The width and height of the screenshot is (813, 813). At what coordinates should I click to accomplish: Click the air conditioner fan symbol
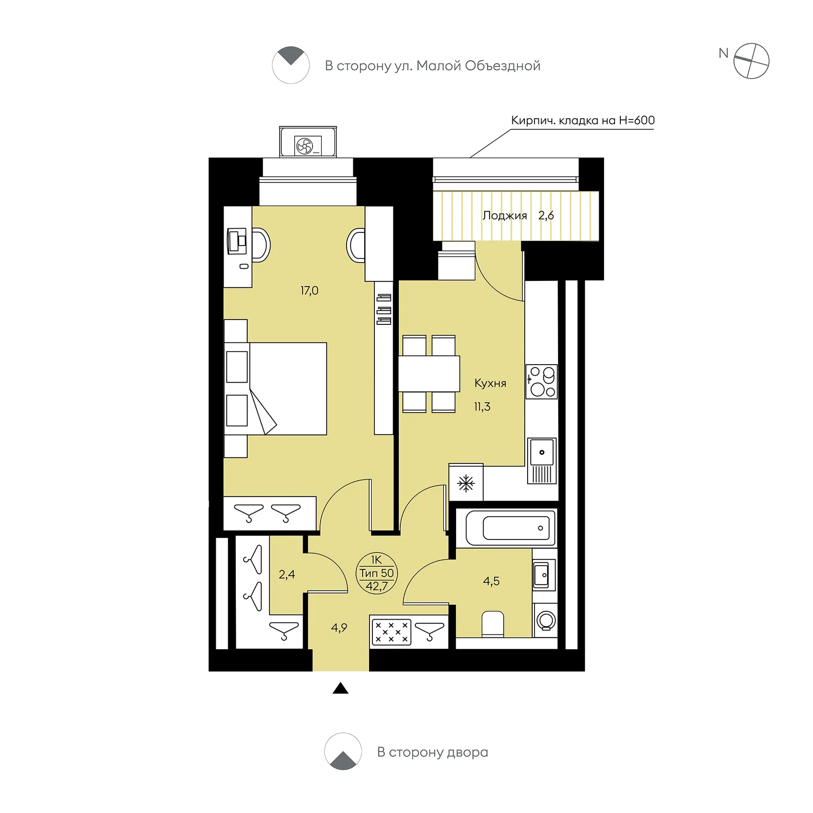[304, 147]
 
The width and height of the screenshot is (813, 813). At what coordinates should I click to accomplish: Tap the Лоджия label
[505, 216]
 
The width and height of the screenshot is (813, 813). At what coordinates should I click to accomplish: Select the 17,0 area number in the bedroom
[309, 290]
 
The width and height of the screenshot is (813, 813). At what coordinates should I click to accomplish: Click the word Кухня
[490, 383]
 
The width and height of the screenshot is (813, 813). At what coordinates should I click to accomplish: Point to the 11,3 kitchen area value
[482, 406]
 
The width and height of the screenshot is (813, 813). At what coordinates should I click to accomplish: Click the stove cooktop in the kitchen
[542, 382]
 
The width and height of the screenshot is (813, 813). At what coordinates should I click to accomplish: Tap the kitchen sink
[542, 461]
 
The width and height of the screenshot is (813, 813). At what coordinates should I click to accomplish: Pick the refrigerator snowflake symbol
[466, 483]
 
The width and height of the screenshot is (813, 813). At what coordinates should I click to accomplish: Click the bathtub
[511, 528]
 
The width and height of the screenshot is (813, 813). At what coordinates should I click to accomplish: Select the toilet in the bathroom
[493, 624]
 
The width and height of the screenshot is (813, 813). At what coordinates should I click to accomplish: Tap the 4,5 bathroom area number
[491, 581]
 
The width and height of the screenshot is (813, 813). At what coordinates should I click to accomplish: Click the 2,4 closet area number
[287, 574]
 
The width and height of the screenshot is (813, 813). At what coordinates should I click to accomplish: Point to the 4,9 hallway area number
[339, 628]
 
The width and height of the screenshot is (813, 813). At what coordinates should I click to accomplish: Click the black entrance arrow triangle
[340, 688]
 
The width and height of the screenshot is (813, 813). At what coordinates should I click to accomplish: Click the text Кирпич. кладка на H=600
[583, 120]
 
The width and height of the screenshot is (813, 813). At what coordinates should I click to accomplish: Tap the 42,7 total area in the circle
[377, 586]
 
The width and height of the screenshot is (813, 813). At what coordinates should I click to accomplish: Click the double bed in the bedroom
[276, 388]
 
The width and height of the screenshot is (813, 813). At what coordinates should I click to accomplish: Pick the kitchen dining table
[429, 374]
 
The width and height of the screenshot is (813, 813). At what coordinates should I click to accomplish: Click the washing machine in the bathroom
[545, 620]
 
